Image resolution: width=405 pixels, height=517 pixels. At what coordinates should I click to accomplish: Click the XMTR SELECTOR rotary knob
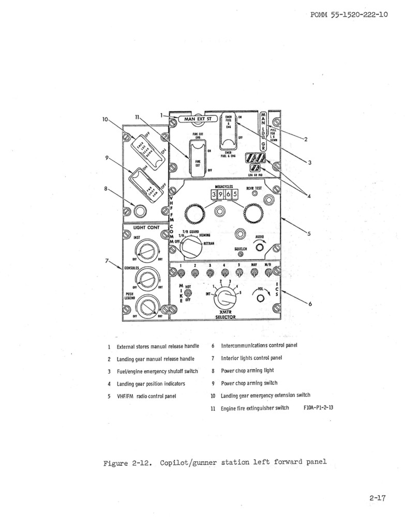[x=226, y=298]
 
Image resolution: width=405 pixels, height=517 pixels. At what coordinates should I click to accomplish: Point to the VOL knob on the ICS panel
[x=260, y=299]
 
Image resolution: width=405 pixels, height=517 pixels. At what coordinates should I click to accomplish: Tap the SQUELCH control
[x=240, y=254]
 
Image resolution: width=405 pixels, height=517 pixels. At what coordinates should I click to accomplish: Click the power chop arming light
[x=138, y=211]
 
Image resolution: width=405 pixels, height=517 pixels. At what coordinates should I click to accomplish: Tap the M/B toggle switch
[x=268, y=272]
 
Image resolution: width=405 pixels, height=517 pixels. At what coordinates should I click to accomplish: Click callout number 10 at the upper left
[x=106, y=120]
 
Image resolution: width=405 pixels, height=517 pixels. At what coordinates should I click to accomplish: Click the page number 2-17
[x=378, y=498]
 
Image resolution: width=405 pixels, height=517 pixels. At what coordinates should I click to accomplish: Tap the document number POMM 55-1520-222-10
[x=349, y=15]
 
